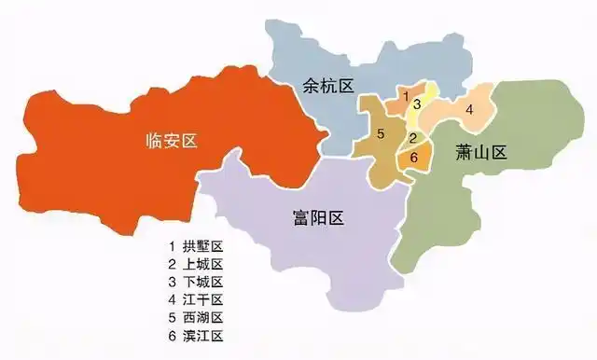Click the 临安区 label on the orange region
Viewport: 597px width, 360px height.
[x=173, y=141]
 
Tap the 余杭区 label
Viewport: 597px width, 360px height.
[x=328, y=86]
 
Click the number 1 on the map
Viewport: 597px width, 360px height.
[x=406, y=95]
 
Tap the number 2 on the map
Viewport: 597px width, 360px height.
[x=412, y=139]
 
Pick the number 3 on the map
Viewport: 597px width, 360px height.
[x=419, y=104]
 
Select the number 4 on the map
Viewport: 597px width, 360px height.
[x=470, y=109]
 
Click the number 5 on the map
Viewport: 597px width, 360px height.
[x=381, y=134]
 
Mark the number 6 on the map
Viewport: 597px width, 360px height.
[x=413, y=157]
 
